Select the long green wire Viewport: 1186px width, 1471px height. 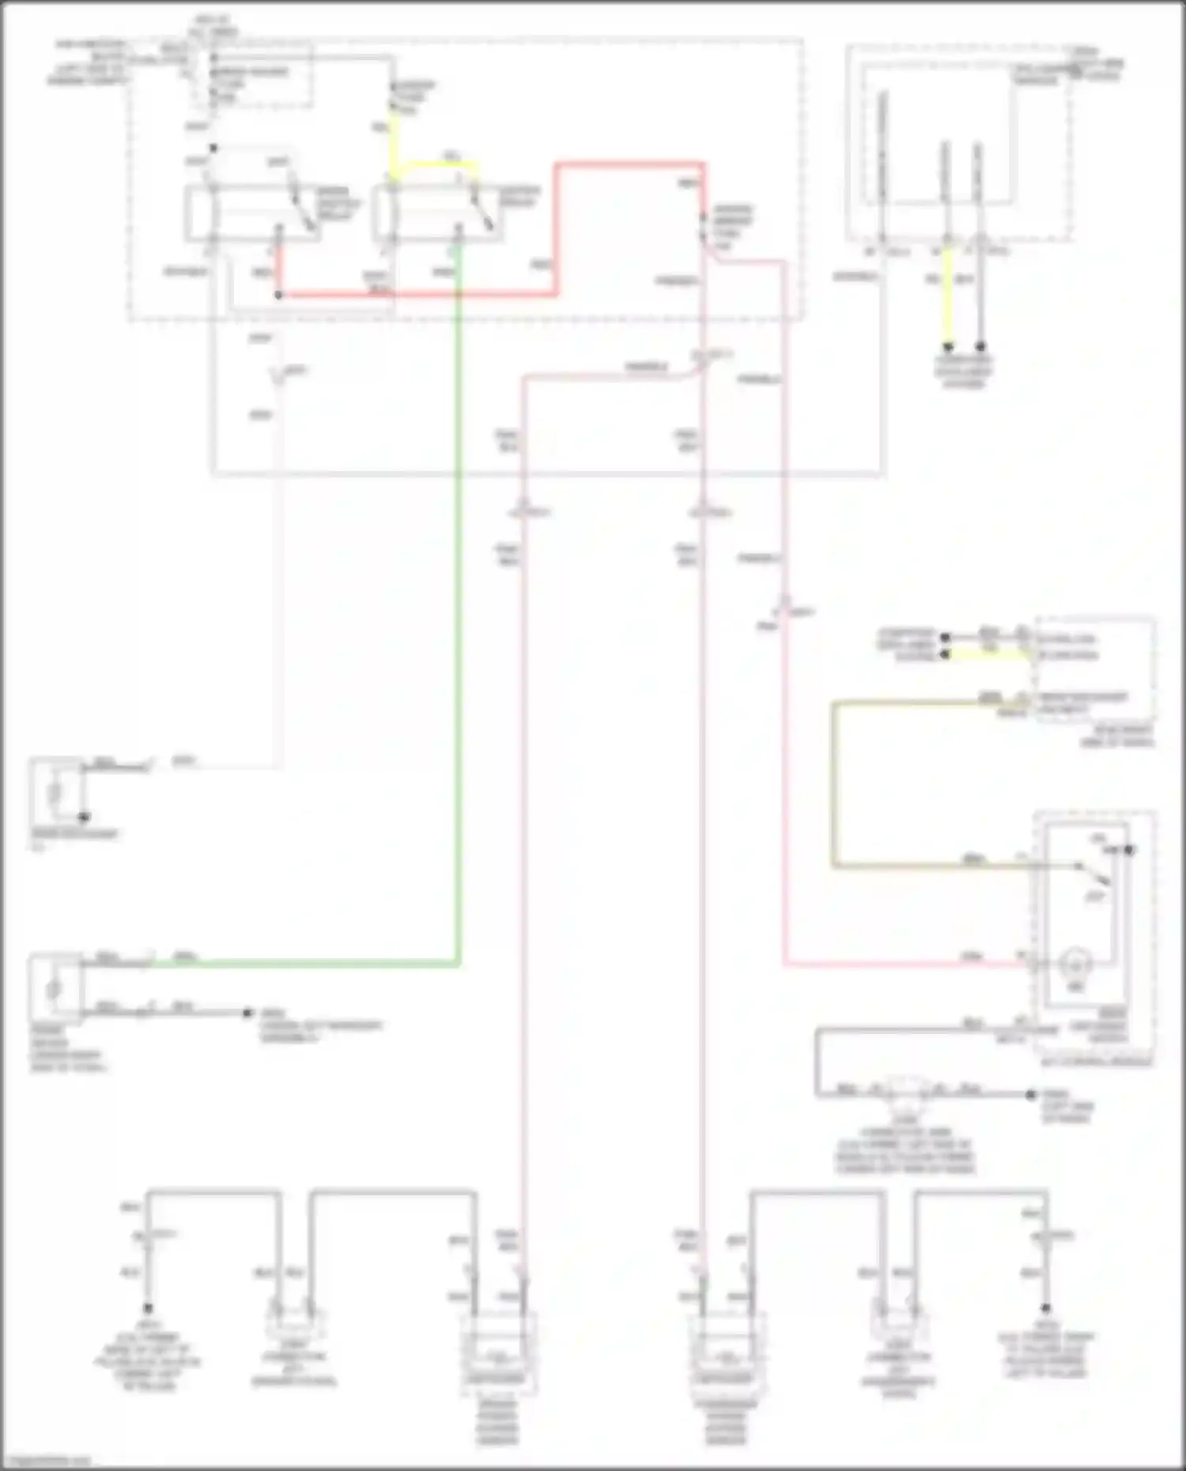tap(458, 632)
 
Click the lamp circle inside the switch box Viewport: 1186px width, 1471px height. tap(1075, 964)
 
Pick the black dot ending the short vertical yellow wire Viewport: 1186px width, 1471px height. tap(947, 346)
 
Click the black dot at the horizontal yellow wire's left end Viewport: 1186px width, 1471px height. tap(944, 654)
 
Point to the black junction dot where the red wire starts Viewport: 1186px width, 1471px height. tap(278, 296)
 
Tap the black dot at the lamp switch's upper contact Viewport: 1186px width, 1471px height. tap(1129, 851)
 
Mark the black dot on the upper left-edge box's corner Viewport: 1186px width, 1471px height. tap(83, 817)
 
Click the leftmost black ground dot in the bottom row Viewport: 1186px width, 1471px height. tap(148, 1308)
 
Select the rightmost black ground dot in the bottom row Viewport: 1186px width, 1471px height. tap(1045, 1308)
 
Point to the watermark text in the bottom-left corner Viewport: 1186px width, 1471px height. tap(46, 1460)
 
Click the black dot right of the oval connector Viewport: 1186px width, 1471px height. tap(1030, 1095)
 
